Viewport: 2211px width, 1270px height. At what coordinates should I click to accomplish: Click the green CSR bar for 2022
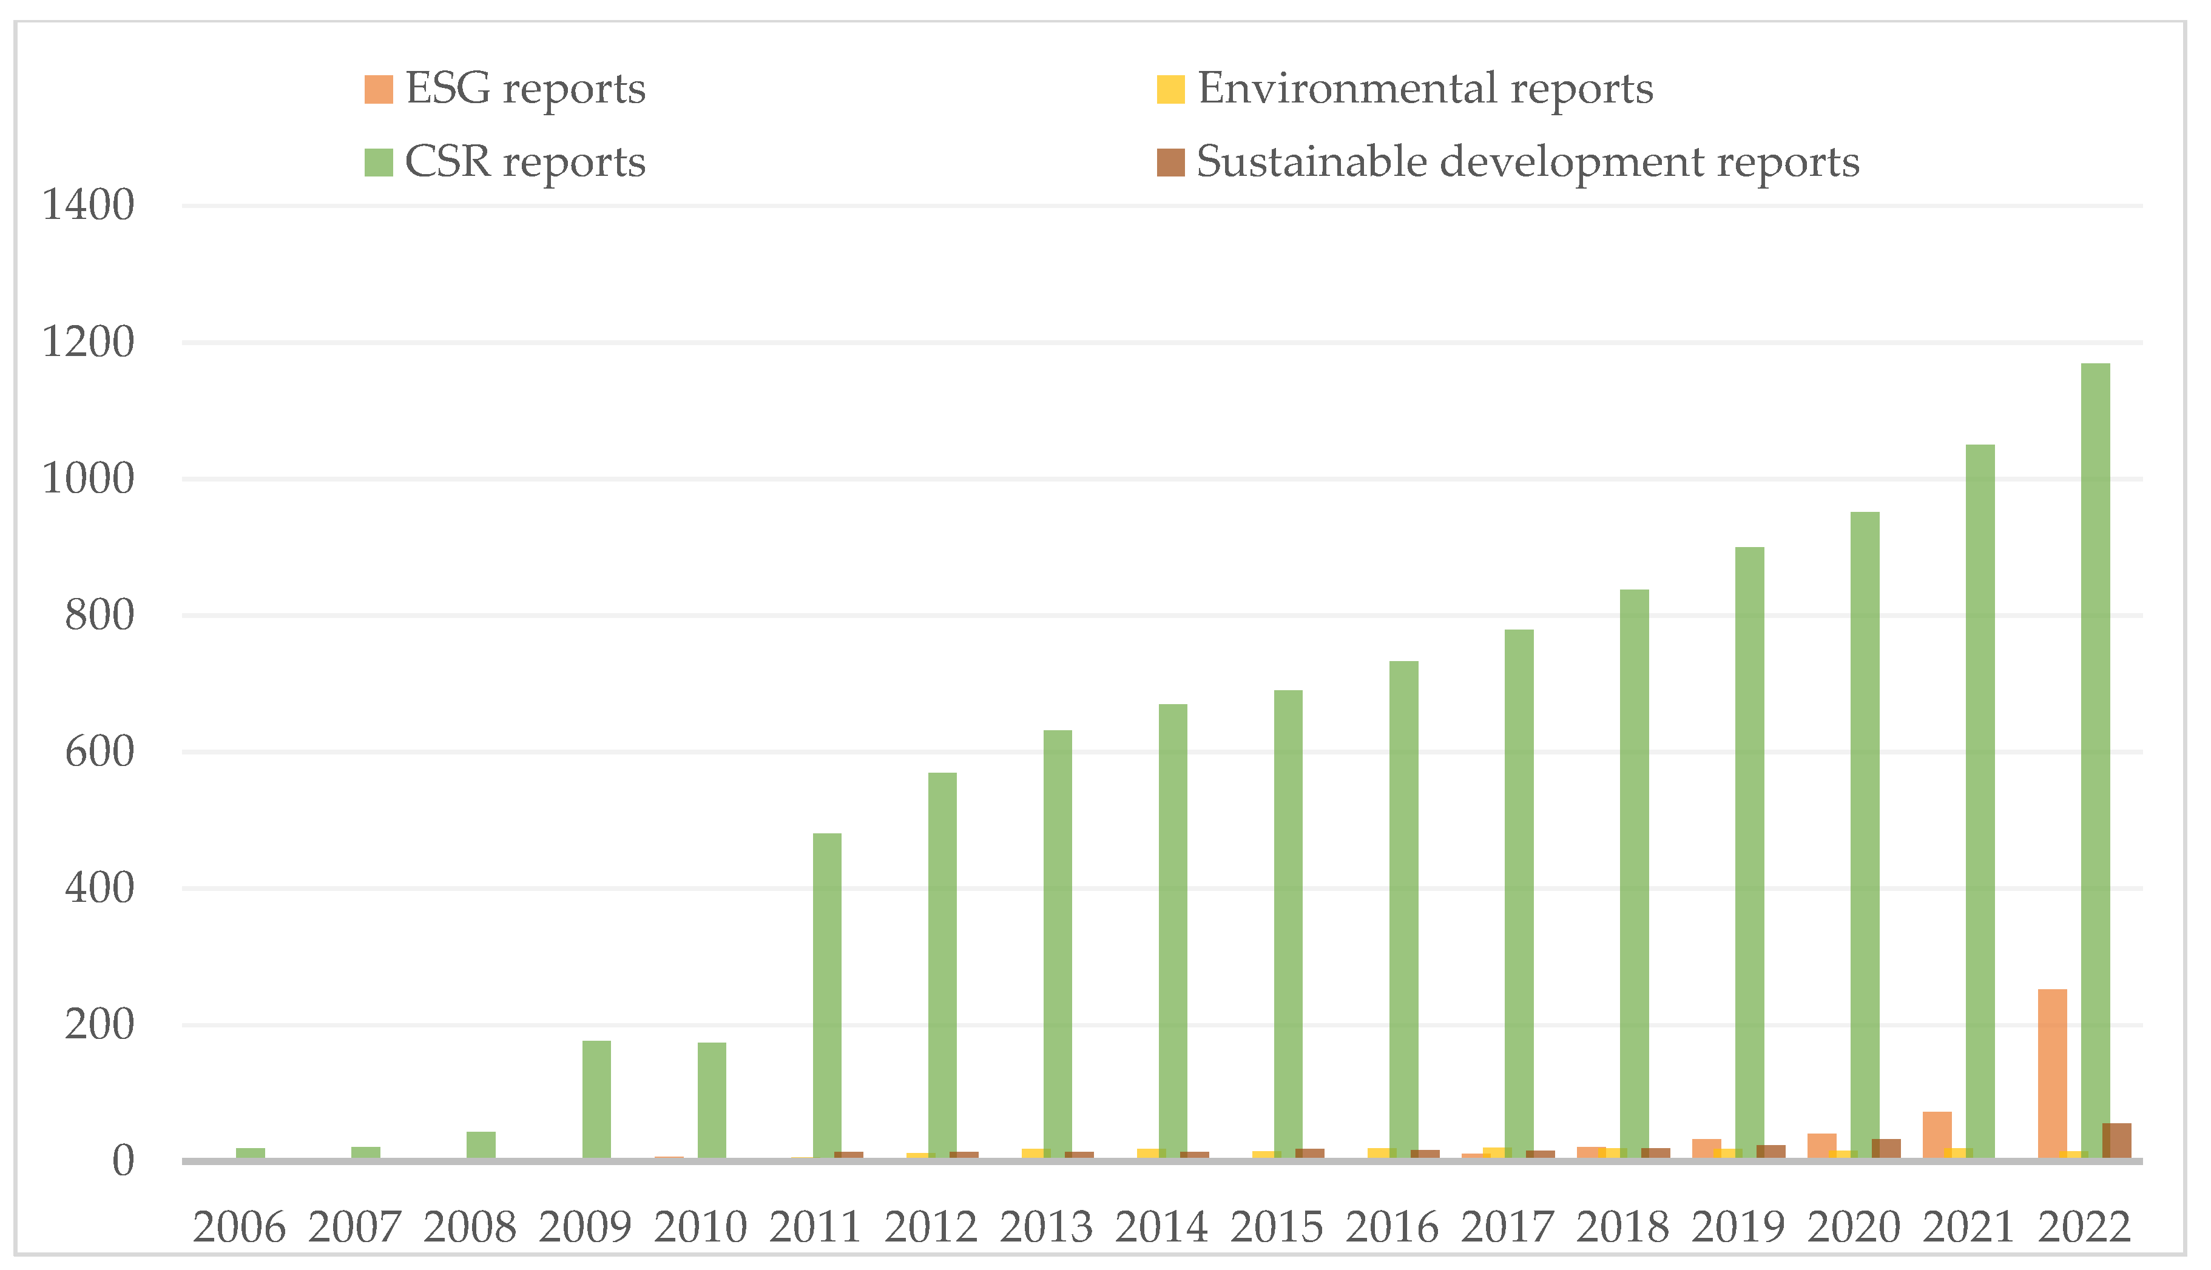2095,759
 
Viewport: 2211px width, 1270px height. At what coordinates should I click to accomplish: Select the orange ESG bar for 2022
2052,1073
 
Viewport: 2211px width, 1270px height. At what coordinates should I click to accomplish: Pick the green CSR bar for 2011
827,995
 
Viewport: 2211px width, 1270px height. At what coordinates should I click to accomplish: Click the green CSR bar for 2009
597,1099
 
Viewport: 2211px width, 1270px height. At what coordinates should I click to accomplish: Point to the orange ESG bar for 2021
1937,1135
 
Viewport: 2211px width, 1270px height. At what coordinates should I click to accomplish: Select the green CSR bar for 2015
1288,924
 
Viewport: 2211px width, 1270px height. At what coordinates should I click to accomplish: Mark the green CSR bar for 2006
251,1153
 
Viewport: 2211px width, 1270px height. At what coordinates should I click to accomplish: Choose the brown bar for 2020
1886,1149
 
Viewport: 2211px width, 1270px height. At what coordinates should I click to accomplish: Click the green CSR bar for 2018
1634,872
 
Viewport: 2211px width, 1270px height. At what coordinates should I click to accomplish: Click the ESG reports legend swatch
379,90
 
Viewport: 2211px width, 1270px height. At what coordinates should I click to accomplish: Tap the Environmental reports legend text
1425,89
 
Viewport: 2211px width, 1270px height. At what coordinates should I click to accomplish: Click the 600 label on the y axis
100,752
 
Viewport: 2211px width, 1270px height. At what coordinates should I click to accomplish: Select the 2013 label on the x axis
1045,1228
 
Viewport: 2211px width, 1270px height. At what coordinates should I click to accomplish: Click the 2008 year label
470,1228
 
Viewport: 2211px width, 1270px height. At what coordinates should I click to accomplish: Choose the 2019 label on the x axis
1738,1228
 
